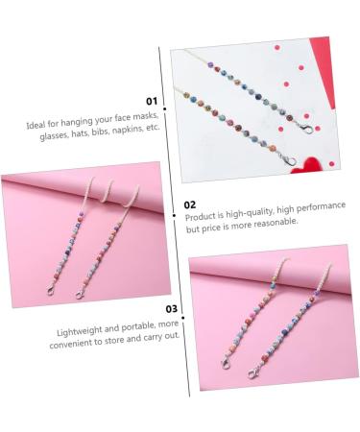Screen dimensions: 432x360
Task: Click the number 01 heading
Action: tap(151, 100)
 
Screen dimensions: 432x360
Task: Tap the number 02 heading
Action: tap(190, 204)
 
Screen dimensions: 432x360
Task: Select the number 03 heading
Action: tap(171, 309)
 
